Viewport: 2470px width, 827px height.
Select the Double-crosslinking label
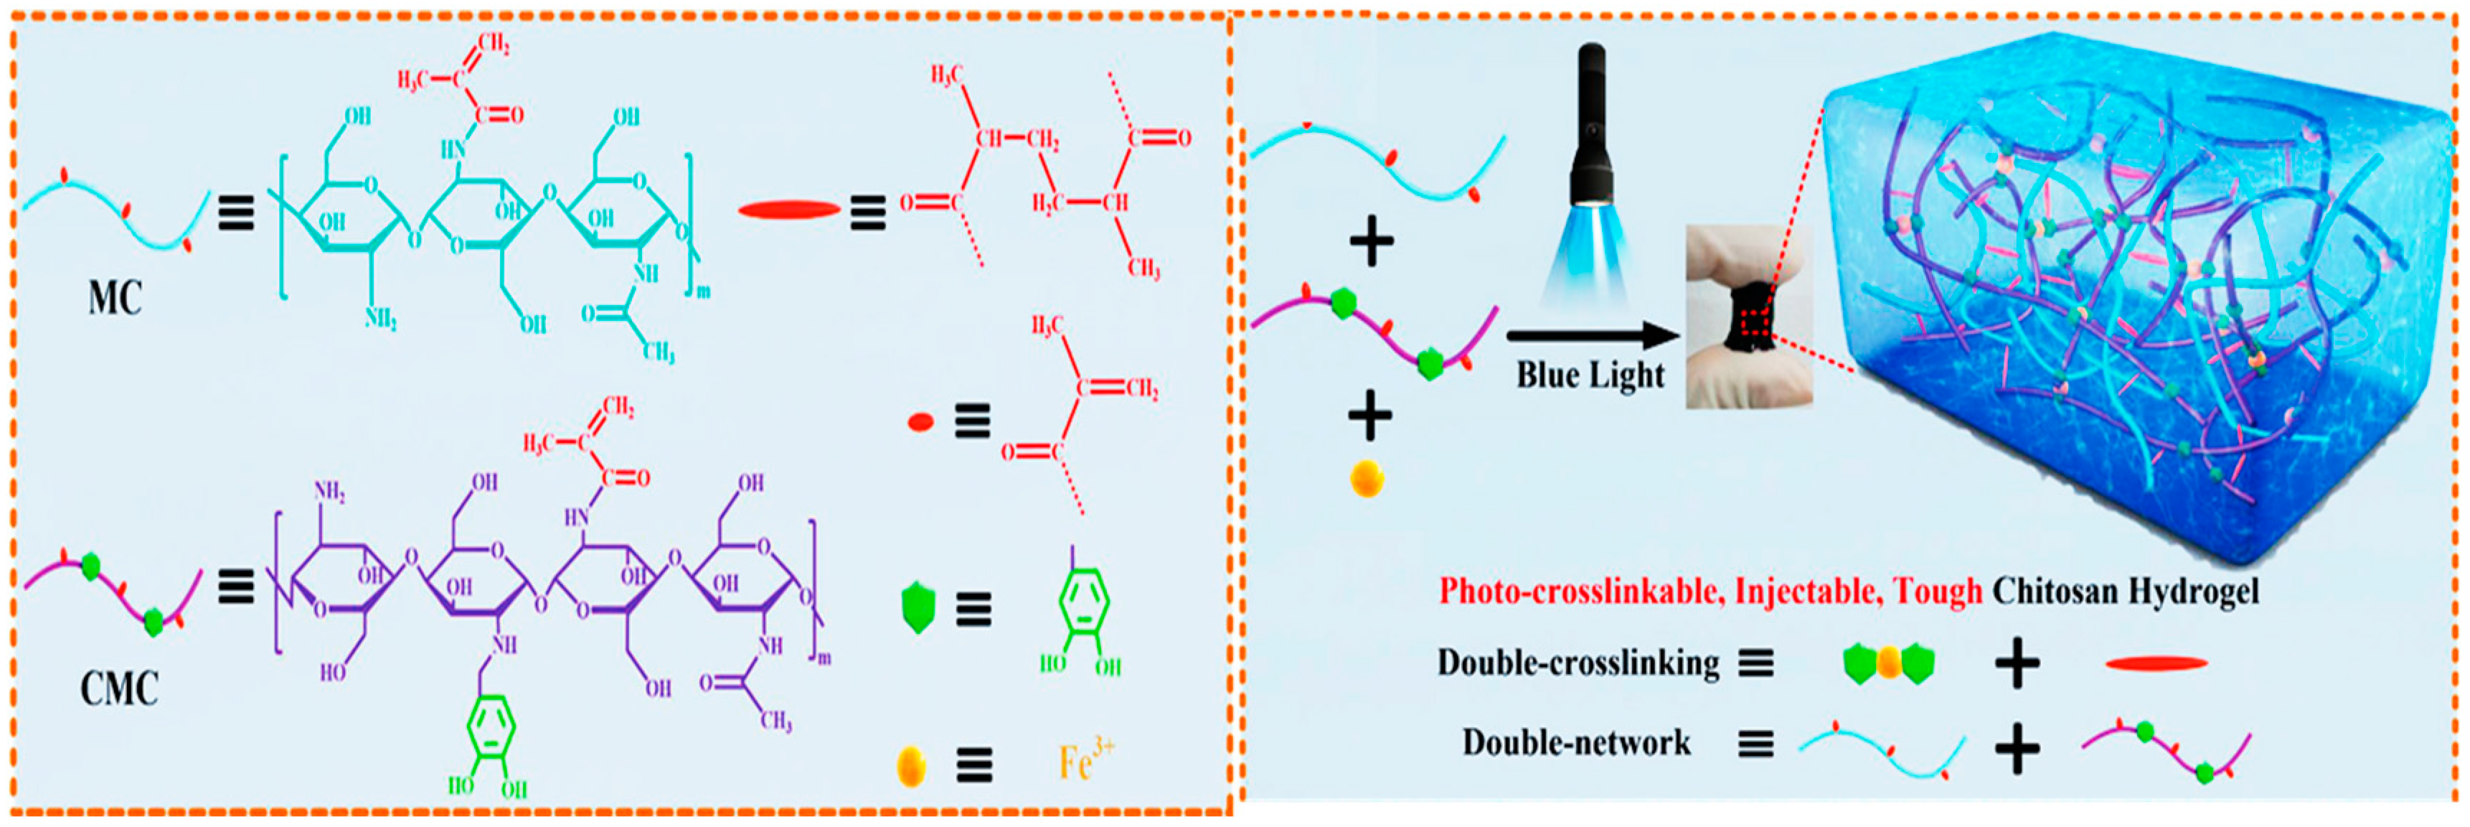[x=1578, y=663]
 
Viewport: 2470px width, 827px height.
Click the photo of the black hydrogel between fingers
[x=1749, y=317]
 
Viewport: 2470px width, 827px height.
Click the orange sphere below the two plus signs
[x=1367, y=478]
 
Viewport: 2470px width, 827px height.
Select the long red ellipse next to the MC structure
[x=788, y=210]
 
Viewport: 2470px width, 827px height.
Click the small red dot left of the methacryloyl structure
[x=920, y=422]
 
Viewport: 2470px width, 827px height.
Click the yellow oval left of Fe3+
[x=911, y=765]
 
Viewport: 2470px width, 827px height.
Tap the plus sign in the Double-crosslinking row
[x=2017, y=663]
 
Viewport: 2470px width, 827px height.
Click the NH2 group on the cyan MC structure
[x=381, y=317]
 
